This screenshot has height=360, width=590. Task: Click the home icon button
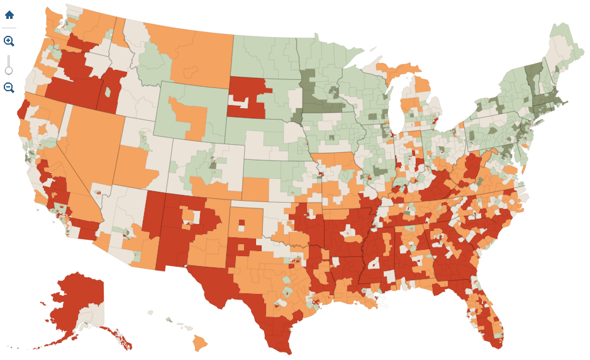[x=9, y=14]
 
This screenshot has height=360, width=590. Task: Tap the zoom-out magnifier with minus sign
[x=9, y=87]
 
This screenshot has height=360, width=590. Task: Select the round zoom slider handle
[x=9, y=70]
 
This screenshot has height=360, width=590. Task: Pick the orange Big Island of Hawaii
[x=200, y=343]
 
